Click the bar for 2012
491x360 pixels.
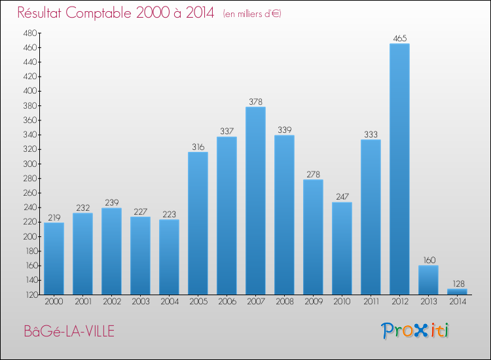point(399,169)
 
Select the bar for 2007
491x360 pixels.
point(255,200)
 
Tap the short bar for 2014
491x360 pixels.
point(457,291)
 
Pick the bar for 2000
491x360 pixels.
point(54,259)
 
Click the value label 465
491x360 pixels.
point(399,39)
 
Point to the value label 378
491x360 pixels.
point(255,102)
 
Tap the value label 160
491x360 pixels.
point(428,261)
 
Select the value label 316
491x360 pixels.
point(198,147)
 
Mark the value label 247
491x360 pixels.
point(342,197)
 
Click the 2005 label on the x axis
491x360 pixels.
point(198,302)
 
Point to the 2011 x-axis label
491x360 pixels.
point(371,302)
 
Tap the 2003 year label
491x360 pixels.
point(140,302)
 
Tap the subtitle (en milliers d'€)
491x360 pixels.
point(251,14)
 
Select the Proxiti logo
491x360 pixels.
point(415,331)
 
